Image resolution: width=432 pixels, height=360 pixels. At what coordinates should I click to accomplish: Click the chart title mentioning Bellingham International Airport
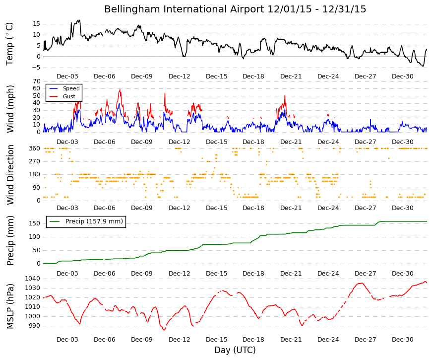pyautogui.click(x=235, y=9)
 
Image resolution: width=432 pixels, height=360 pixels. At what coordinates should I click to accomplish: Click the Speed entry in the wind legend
pyautogui.click(x=71, y=88)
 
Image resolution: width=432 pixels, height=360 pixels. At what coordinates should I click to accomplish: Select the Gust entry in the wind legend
pyautogui.click(x=69, y=96)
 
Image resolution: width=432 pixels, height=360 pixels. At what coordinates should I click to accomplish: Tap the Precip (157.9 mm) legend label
pyautogui.click(x=94, y=221)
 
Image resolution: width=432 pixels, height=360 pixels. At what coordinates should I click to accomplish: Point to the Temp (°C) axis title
pyautogui.click(x=9, y=44)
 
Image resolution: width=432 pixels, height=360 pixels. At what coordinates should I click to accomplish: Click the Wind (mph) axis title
pyautogui.click(x=10, y=109)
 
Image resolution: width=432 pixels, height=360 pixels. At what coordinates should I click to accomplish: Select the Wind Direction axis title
pyautogui.click(x=10, y=175)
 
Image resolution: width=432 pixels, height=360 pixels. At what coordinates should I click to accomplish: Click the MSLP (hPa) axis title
pyautogui.click(x=10, y=306)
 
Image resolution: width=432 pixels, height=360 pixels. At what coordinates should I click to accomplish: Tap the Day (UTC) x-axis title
pyautogui.click(x=235, y=350)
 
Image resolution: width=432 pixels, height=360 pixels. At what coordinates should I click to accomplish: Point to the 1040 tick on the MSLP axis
pyautogui.click(x=33, y=279)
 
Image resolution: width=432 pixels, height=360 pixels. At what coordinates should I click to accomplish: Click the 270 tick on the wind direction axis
pyautogui.click(x=35, y=161)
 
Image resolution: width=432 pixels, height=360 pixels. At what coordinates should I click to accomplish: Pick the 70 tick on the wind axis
pyautogui.click(x=37, y=81)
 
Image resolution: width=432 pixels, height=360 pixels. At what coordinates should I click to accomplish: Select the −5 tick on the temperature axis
pyautogui.click(x=36, y=68)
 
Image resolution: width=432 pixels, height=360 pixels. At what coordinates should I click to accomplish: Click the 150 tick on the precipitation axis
pyautogui.click(x=35, y=223)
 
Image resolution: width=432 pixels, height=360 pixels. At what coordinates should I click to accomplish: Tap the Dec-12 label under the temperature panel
pyautogui.click(x=180, y=76)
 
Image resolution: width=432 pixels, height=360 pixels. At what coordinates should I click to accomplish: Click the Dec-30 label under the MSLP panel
pyautogui.click(x=403, y=340)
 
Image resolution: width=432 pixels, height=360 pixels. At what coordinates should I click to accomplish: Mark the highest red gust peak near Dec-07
pyautogui.click(x=120, y=90)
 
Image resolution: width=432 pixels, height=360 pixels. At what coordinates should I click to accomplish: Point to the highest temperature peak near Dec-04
pyautogui.click(x=79, y=20)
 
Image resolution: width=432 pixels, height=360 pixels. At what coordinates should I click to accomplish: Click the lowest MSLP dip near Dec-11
pyautogui.click(x=164, y=330)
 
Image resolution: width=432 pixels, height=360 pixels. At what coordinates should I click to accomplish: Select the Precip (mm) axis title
pyautogui.click(x=10, y=240)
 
